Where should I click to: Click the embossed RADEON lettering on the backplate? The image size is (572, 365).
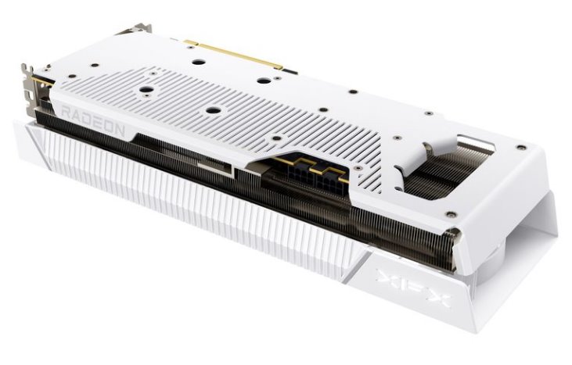93,120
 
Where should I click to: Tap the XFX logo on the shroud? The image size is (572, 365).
414,287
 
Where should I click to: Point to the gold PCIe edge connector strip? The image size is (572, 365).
233,54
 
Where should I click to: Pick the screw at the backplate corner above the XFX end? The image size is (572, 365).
522,148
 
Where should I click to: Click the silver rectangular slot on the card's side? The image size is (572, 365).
215,168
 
